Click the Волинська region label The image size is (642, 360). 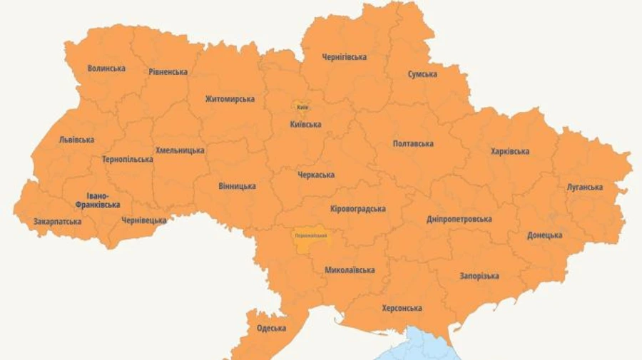tap(106, 68)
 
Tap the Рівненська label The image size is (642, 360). tap(168, 72)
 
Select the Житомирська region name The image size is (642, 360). tap(230, 99)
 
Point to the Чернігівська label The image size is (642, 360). tap(344, 57)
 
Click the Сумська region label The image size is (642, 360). tap(422, 74)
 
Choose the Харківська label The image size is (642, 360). tap(509, 151)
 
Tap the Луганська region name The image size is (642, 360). tap(584, 187)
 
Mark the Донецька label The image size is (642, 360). tap(544, 235)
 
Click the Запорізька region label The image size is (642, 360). tap(479, 276)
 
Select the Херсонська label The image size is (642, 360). tap(402, 308)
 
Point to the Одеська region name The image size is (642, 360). tap(271, 328)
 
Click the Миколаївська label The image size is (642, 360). tap(350, 270)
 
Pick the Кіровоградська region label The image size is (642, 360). tap(358, 209)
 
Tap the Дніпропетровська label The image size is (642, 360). tap(459, 219)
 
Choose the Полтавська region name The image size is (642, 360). tap(413, 144)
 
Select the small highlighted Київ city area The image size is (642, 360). tap(302, 107)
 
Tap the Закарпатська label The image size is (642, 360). tap(57, 222)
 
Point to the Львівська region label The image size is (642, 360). tap(76, 140)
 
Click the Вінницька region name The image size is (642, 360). tap(237, 186)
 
